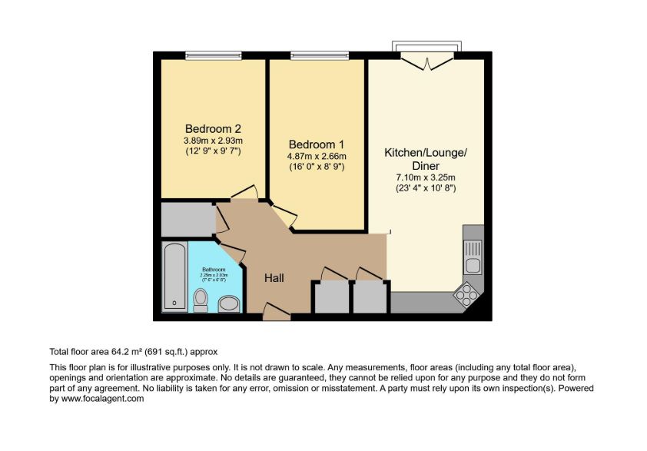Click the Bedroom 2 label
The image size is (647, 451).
(x=213, y=128)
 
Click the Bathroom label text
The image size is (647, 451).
(x=214, y=270)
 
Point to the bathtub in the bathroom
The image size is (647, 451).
(x=175, y=277)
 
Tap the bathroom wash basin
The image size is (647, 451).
(x=228, y=305)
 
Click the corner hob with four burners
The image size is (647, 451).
(x=466, y=293)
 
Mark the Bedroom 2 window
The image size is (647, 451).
(x=213, y=55)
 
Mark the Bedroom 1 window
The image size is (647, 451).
(x=318, y=55)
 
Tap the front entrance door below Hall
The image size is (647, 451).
(x=276, y=311)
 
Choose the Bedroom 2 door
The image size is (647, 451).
(x=244, y=192)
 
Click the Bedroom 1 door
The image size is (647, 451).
(x=282, y=216)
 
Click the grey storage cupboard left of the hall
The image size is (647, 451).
(x=187, y=220)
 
